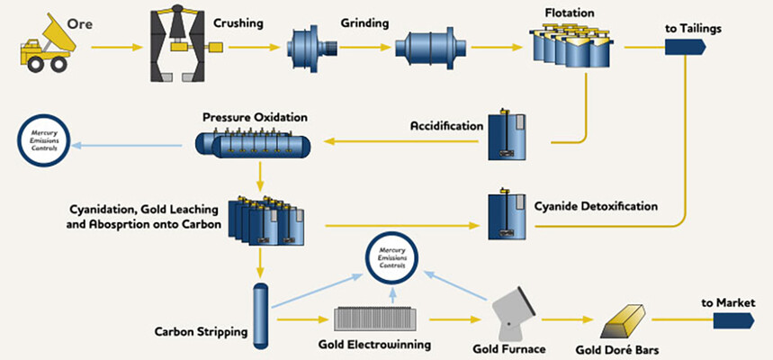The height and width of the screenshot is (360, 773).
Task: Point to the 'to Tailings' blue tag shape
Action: [683, 46]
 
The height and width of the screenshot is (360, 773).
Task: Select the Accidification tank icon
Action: [507, 136]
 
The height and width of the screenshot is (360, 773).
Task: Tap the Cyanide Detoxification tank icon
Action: [507, 214]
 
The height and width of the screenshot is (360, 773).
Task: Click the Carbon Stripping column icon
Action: [263, 315]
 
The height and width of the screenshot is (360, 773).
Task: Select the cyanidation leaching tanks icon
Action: [267, 222]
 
